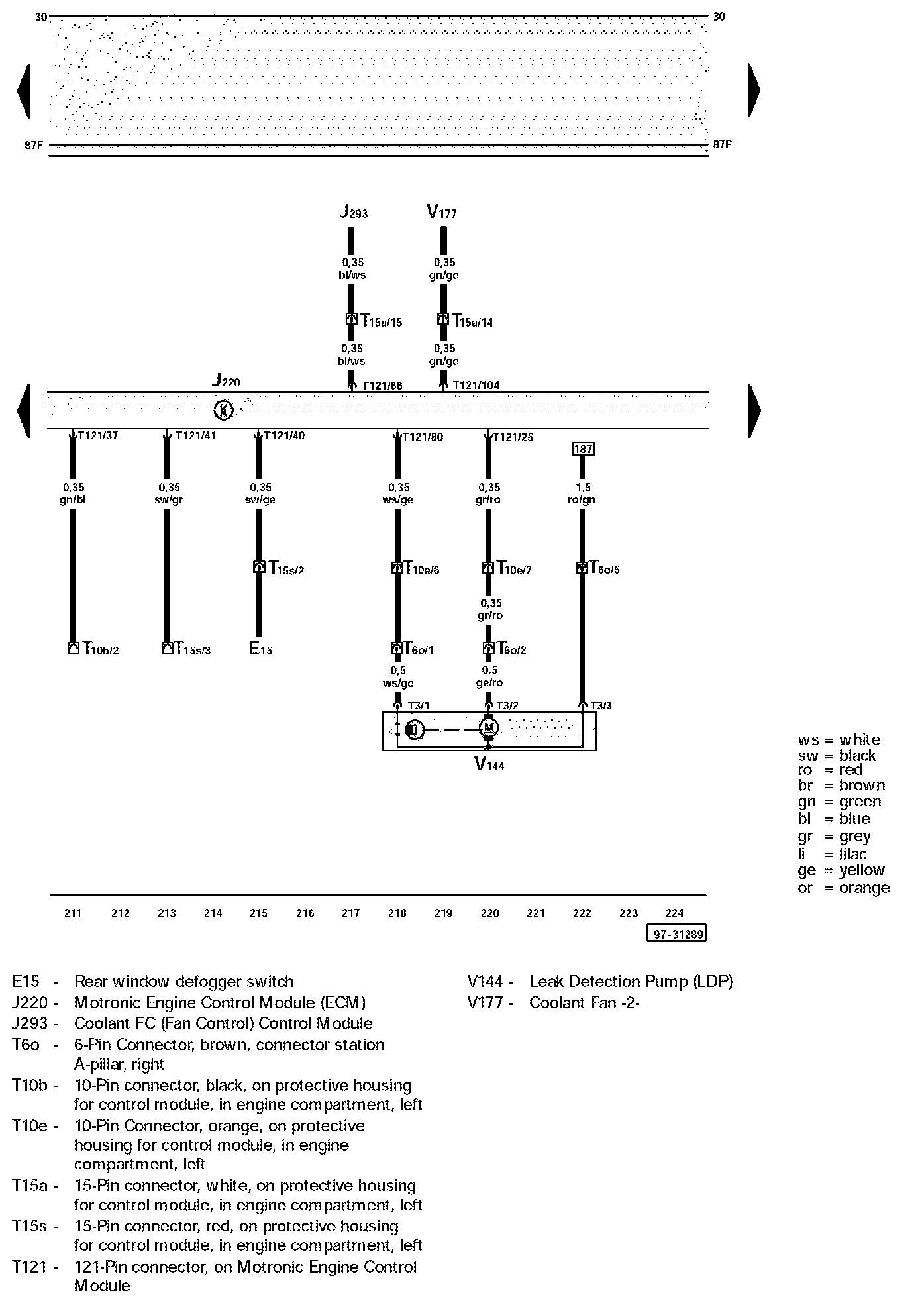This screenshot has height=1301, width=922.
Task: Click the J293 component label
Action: [354, 212]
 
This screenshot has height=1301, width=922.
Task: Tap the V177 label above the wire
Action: [442, 212]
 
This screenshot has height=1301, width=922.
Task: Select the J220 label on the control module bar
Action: [226, 380]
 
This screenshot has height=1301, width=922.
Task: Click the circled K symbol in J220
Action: [223, 411]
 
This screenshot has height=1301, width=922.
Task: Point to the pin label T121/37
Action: [98, 436]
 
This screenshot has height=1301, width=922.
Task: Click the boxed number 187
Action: [583, 449]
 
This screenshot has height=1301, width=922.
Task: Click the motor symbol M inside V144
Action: [489, 729]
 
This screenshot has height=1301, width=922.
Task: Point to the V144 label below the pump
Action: [489, 765]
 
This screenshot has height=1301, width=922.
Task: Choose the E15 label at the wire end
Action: [260, 649]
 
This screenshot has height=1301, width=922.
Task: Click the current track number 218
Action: [397, 913]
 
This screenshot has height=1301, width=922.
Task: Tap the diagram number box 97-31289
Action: [676, 934]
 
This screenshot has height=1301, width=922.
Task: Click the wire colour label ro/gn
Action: [582, 500]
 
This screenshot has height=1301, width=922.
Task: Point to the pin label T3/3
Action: [601, 705]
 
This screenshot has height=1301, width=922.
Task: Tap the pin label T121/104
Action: [476, 385]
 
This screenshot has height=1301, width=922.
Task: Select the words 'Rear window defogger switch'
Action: [183, 981]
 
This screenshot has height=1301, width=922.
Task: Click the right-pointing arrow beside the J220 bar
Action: [754, 409]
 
